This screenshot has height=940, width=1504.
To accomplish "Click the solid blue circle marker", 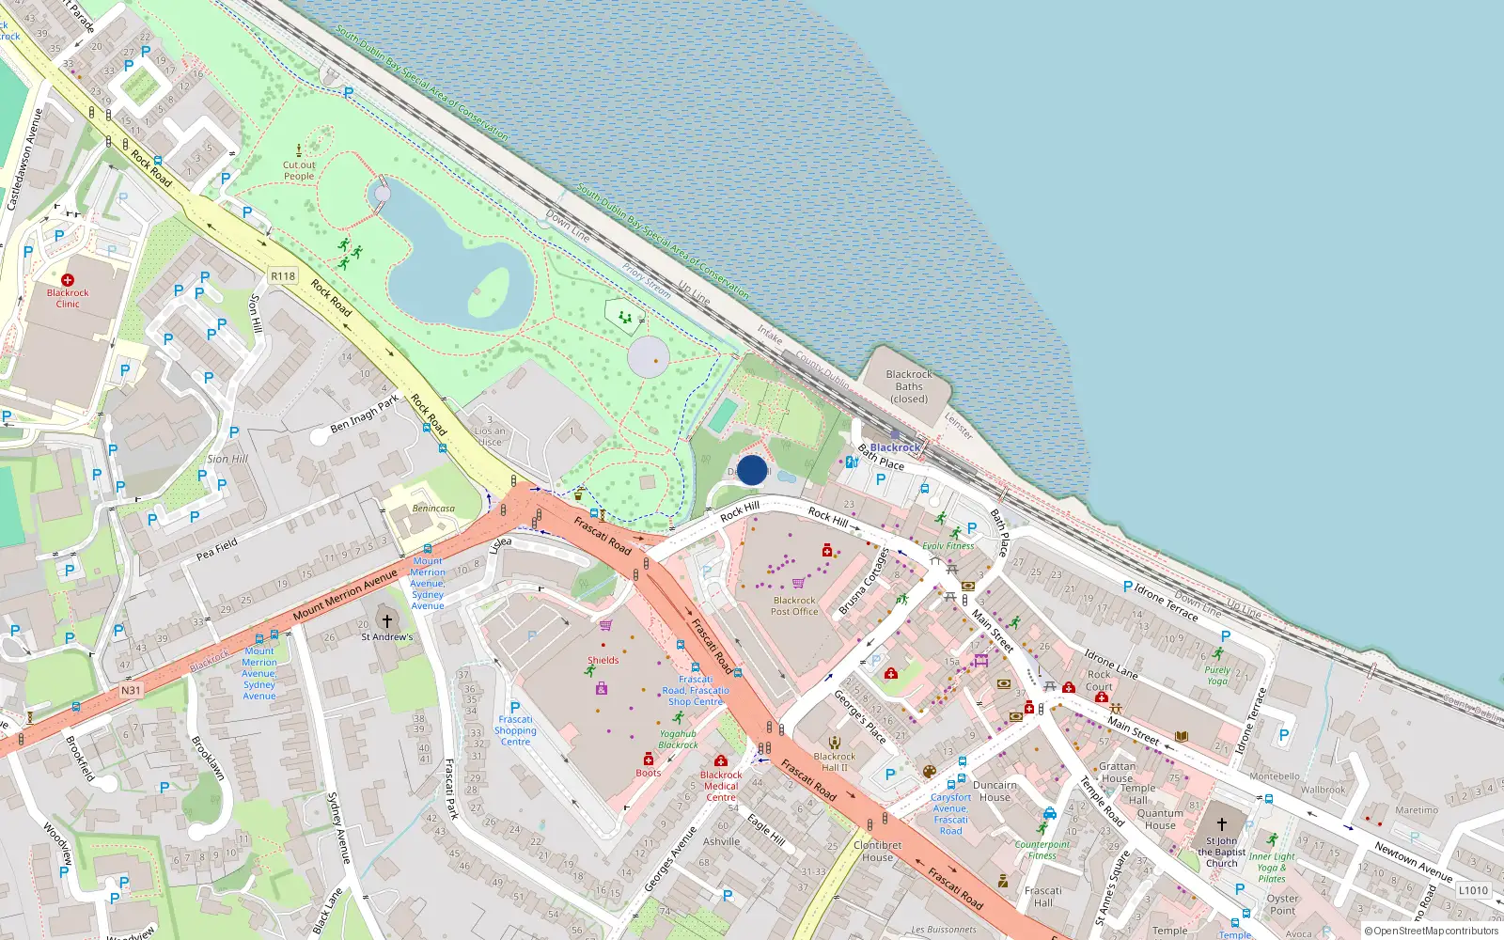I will coord(752,470).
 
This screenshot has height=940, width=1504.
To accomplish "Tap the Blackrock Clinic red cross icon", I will coord(68,280).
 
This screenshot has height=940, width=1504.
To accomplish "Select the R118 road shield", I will coord(283,276).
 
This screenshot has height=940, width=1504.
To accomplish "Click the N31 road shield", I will coord(131,690).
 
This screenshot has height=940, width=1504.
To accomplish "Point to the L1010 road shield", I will coord(1473,890).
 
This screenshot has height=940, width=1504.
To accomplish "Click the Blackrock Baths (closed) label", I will coord(909,386).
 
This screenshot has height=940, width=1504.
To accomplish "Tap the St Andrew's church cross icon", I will coord(386,620).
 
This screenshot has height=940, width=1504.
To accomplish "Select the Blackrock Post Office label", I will coord(794,606).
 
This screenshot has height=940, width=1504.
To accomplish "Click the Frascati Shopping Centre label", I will coord(515,730).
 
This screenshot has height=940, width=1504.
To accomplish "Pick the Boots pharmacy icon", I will coord(648,760).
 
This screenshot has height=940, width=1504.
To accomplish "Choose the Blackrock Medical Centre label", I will coord(721,786).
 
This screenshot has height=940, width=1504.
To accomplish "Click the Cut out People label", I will coord(299,170).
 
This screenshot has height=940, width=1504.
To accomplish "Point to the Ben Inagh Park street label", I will coord(365,415).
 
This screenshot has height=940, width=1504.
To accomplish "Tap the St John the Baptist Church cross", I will coord(1222,824).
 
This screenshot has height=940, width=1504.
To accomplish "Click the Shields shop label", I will coord(603,660).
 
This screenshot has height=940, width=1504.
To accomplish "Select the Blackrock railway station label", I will coord(895,447).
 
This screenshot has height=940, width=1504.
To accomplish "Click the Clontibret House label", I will coord(878,851).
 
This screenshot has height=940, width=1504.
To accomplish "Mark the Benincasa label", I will coord(433,509).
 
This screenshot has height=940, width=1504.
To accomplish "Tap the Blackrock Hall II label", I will coord(835,761).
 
